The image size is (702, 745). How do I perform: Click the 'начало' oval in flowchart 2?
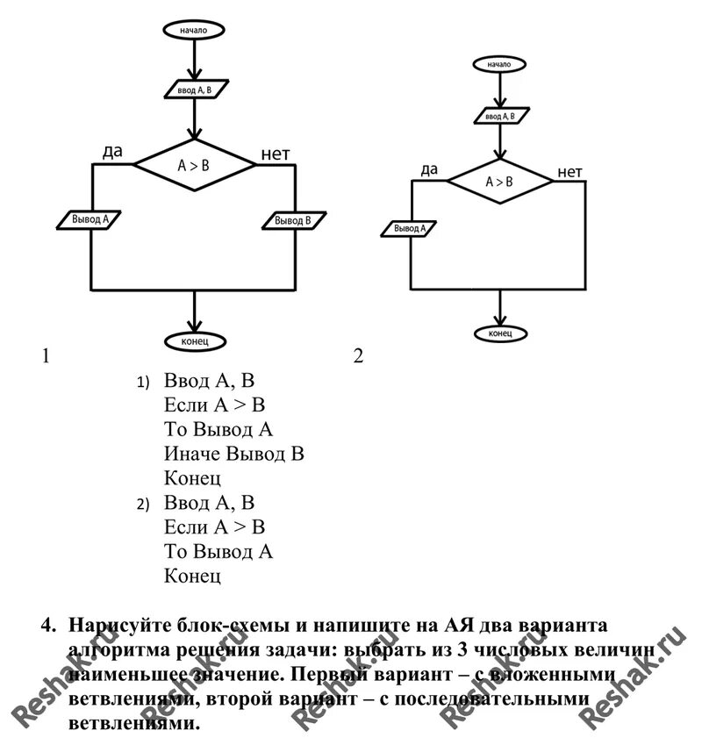[499, 64]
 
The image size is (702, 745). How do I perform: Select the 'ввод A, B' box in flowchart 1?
[196, 89]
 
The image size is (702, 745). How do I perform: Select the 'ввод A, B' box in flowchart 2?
[500, 115]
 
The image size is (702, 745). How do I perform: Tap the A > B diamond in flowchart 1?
[194, 164]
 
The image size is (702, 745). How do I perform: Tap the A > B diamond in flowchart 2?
[500, 182]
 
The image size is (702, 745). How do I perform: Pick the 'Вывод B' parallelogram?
[294, 220]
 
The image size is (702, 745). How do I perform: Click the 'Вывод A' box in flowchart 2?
[410, 228]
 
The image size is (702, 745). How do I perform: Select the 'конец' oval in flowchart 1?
[195, 340]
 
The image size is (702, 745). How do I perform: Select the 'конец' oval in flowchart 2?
[500, 333]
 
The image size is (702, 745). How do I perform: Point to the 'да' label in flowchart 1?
[112, 151]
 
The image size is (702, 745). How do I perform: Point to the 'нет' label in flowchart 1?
[275, 155]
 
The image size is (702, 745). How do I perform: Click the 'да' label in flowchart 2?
[429, 169]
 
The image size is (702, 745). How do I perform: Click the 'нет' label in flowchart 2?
[569, 171]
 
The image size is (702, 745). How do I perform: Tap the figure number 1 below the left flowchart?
[45, 356]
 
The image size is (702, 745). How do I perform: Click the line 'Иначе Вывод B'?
[233, 455]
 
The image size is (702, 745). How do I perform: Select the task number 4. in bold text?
[49, 626]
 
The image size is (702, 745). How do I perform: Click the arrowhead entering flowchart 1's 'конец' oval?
[195, 326]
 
